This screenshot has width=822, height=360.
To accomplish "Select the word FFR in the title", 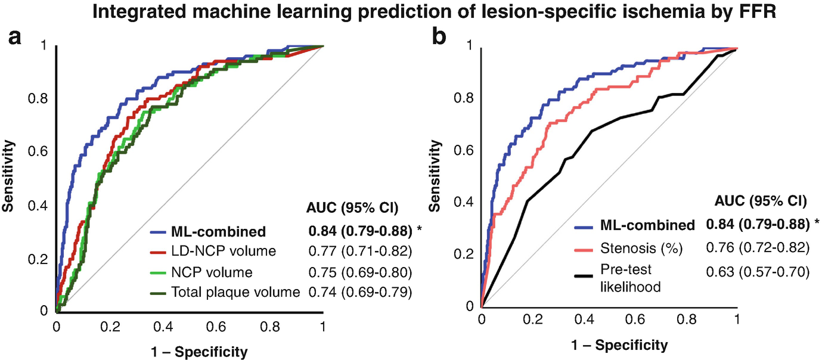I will pos(759,13).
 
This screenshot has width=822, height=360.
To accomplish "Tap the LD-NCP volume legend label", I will pos(224,252).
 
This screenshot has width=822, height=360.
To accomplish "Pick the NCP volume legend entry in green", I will pos(212,272).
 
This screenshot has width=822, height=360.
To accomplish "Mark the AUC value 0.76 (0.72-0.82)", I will pos(757,246).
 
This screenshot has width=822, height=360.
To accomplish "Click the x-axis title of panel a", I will pos(190,350).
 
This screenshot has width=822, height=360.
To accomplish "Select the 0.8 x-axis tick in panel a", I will pos(269,327).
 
